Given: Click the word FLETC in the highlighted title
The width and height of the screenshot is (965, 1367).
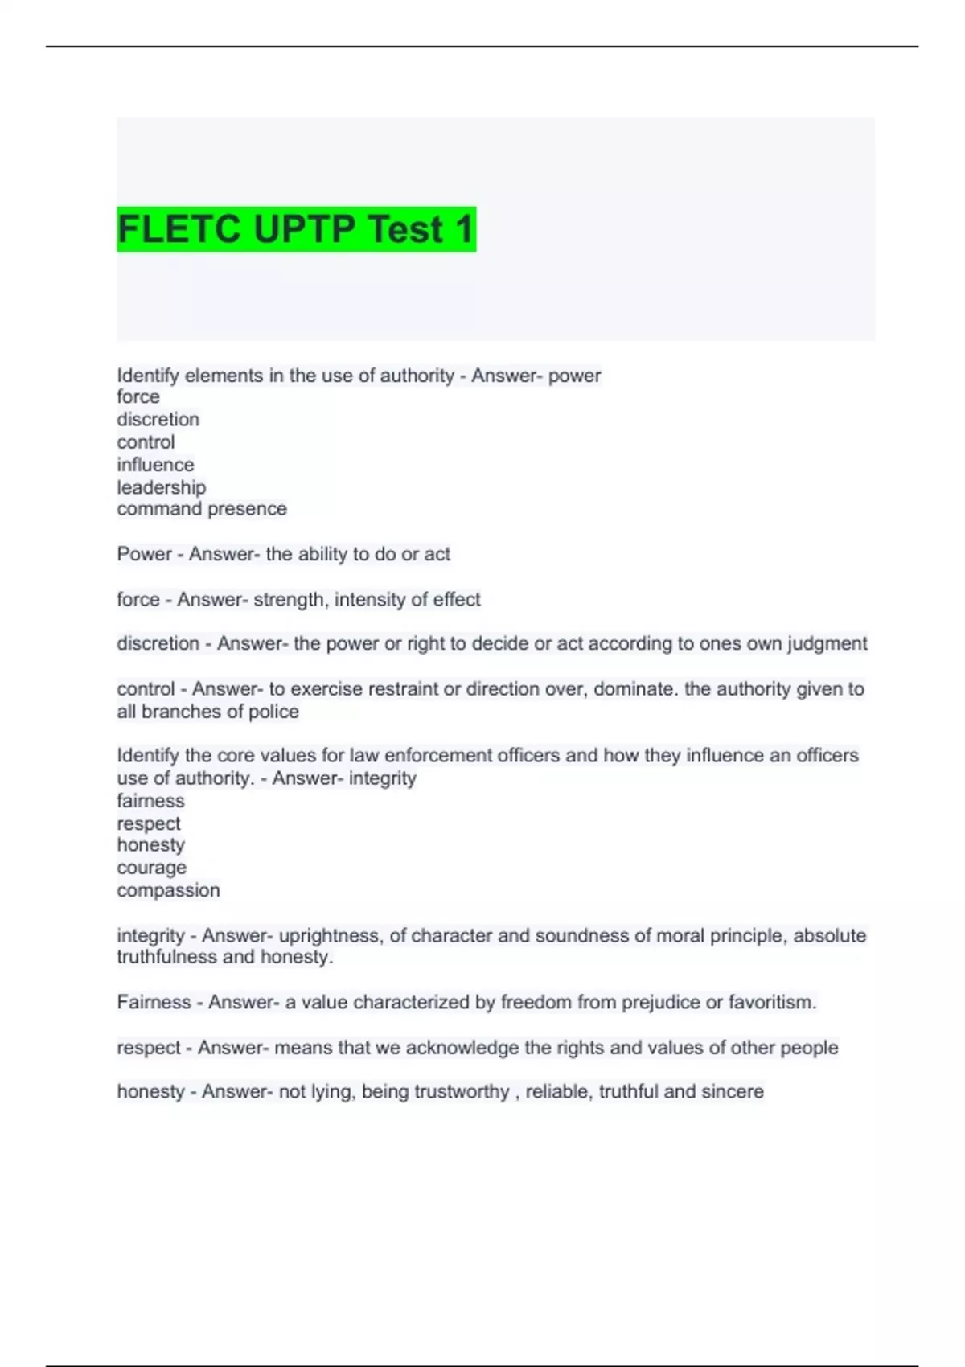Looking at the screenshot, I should (x=180, y=229).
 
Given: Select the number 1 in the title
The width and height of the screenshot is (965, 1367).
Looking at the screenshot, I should (x=464, y=229).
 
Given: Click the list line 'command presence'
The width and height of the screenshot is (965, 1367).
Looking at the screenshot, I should (x=202, y=509).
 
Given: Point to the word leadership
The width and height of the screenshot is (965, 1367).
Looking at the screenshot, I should (x=162, y=487).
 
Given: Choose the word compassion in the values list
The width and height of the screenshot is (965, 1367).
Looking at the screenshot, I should (x=168, y=890).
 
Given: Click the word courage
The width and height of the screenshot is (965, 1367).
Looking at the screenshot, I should (x=151, y=868).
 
